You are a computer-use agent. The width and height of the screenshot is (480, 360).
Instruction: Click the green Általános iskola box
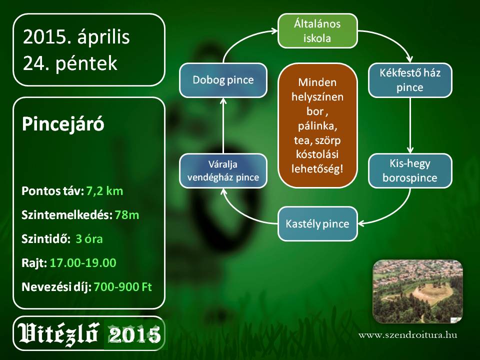[x=317, y=30]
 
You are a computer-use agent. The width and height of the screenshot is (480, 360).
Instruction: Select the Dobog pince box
[x=223, y=80]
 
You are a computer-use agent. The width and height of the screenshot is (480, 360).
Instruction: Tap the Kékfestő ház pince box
[x=410, y=80]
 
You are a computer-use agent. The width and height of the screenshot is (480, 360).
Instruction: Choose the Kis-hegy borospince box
[x=410, y=171]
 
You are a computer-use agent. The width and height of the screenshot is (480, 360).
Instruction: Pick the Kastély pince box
[x=317, y=224]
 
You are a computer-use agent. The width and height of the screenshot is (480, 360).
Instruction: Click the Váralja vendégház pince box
[x=223, y=171]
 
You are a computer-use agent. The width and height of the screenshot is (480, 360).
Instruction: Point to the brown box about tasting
[x=317, y=125]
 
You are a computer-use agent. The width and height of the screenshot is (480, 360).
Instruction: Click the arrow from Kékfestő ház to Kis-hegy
[x=410, y=125]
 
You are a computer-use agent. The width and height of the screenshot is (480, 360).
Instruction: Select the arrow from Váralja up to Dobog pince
[x=223, y=125]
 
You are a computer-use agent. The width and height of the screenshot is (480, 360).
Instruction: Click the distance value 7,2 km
[x=104, y=191]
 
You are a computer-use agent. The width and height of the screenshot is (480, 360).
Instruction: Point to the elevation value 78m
[x=127, y=215]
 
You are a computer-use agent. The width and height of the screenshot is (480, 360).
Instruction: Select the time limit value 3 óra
[x=89, y=239]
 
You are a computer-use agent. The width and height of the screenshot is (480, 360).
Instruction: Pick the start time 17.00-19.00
[x=83, y=263]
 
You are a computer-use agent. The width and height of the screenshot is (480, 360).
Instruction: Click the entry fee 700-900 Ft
[x=123, y=287]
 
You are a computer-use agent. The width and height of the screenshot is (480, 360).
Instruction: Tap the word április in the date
[x=103, y=37]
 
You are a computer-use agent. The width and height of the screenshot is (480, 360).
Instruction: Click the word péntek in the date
[x=86, y=63]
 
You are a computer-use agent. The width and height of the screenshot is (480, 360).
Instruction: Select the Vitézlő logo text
[x=58, y=333]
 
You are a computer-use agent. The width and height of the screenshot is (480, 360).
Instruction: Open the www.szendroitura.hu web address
[x=408, y=335]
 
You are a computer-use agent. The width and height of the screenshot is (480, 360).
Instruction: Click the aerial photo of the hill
[x=418, y=291]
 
